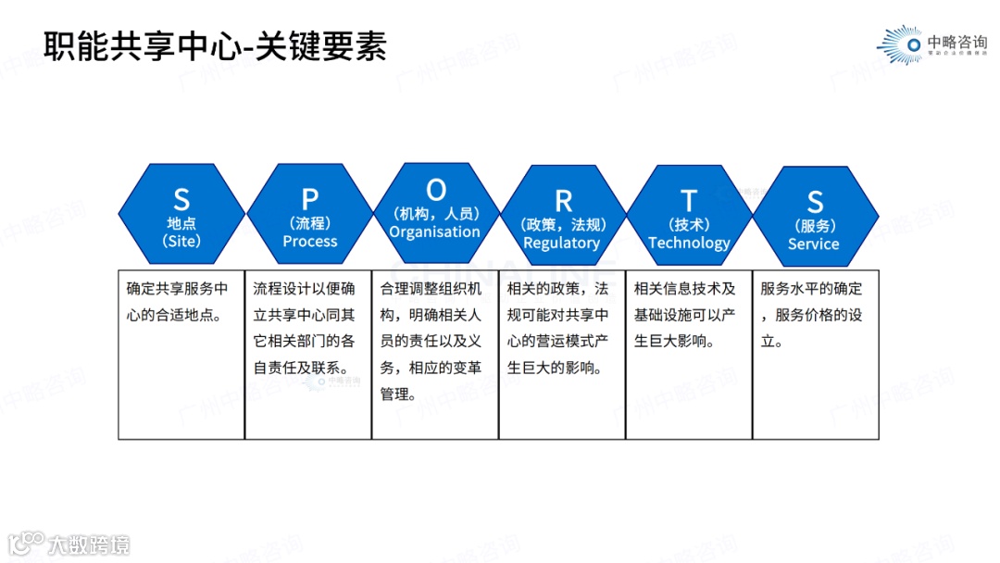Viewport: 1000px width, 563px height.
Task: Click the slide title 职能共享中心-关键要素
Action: (215, 46)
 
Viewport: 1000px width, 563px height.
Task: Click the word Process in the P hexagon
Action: (310, 242)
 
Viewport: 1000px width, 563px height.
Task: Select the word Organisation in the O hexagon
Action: (434, 232)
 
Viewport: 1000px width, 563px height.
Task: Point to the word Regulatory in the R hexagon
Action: (561, 244)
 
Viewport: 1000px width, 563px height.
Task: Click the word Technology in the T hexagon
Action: (689, 243)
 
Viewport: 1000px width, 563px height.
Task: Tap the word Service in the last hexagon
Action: (813, 244)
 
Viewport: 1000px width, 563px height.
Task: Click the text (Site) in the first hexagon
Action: (181, 242)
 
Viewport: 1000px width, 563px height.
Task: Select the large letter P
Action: (310, 199)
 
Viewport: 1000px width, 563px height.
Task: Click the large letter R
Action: (563, 201)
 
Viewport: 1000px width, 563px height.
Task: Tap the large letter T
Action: (689, 200)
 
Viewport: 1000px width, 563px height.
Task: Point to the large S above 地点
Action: (181, 199)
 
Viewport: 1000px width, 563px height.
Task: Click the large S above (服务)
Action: (815, 202)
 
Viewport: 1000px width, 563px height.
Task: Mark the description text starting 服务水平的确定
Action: (811, 315)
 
